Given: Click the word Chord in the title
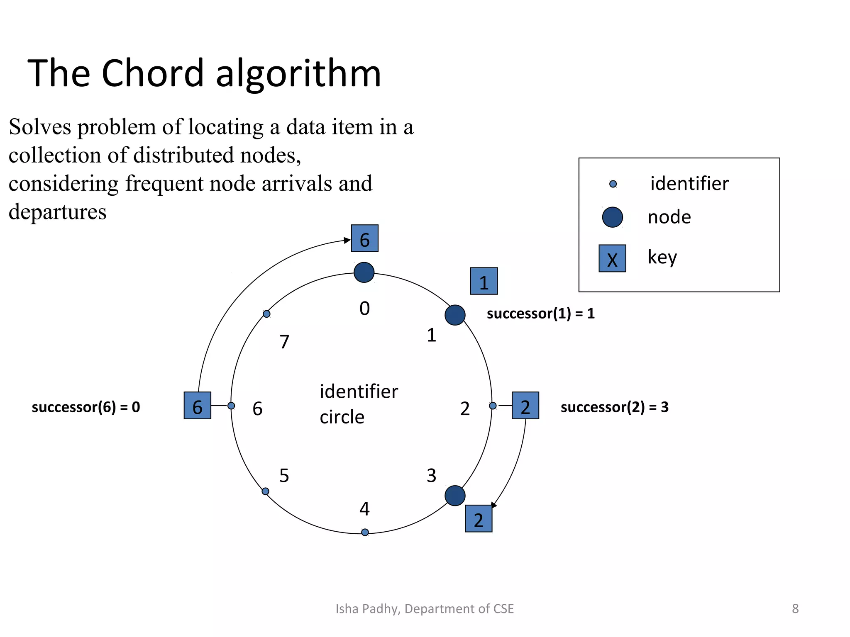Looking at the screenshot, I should (153, 74).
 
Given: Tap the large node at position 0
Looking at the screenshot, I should (364, 272).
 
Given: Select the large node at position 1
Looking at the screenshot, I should (455, 315).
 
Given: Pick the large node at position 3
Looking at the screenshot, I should (455, 496).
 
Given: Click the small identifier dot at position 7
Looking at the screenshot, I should (267, 314).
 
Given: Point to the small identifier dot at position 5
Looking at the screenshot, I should (266, 491).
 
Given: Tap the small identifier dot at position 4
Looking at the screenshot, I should (365, 532).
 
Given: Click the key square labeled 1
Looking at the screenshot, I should (484, 281).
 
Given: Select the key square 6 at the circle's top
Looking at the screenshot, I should (364, 238).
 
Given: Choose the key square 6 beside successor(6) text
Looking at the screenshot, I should (198, 406).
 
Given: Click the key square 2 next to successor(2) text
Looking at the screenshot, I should (525, 406).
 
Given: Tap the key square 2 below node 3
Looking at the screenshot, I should (479, 519).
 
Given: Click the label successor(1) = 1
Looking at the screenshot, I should (540, 314).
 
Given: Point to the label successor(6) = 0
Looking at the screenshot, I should (86, 407).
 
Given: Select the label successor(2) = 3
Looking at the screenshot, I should (614, 407).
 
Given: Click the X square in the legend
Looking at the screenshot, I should (612, 258).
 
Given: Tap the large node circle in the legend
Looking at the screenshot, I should (612, 217).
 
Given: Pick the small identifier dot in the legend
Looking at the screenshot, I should (613, 184).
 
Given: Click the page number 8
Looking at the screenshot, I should (795, 608).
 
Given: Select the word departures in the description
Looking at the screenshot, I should (58, 212).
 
